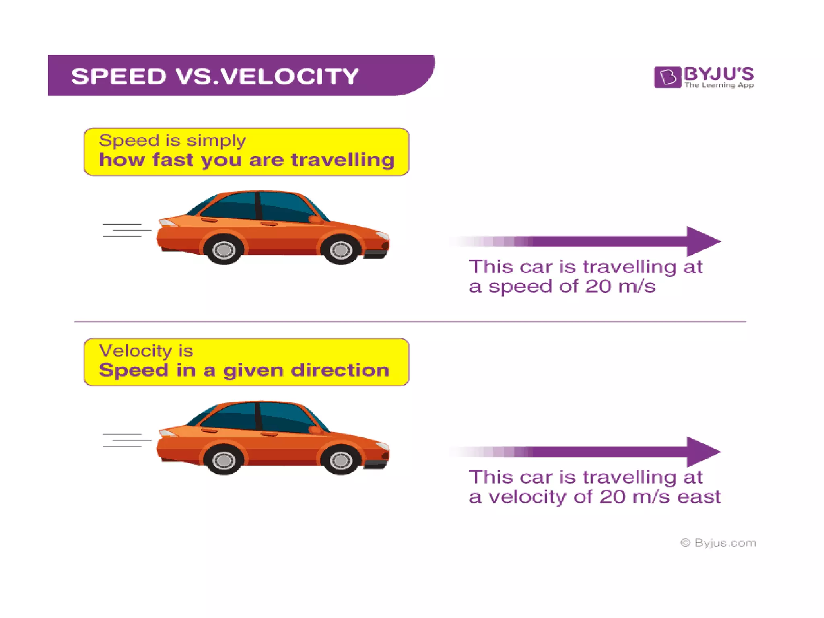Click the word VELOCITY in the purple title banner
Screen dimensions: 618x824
point(290,76)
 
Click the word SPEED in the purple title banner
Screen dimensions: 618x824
point(119,76)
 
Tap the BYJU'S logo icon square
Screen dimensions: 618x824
point(667,77)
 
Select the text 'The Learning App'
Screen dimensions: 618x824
point(719,85)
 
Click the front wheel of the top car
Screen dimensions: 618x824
point(341,250)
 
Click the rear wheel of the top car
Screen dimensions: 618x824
point(224,250)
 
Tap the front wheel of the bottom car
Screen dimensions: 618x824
point(341,460)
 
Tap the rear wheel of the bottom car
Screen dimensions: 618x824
point(224,460)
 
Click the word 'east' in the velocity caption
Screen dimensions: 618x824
point(699,497)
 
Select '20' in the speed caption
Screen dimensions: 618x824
point(598,286)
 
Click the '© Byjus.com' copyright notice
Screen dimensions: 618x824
point(718,543)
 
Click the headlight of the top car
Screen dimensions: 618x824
point(382,235)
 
